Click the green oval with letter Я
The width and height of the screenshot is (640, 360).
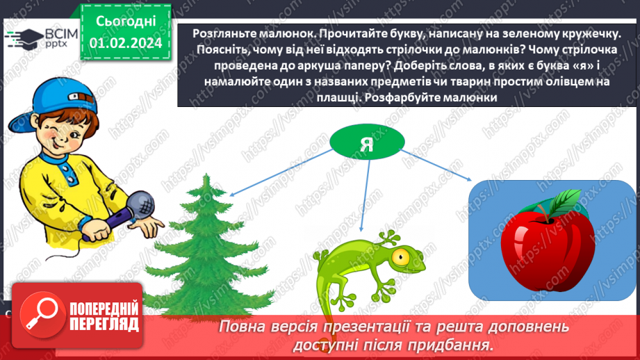[x=367, y=142]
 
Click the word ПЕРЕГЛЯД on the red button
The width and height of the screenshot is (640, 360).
[x=104, y=324]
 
